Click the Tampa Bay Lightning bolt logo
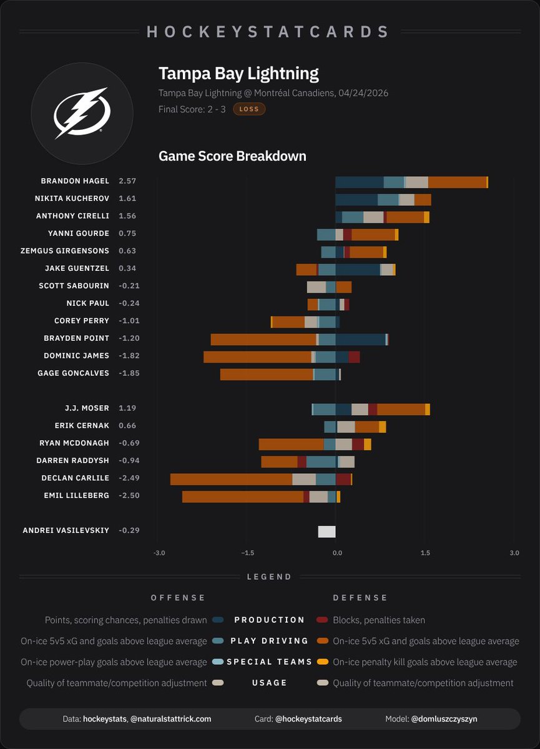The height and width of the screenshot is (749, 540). [x=82, y=113]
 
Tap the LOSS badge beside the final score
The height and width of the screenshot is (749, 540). [x=249, y=109]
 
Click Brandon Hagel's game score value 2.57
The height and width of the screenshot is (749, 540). [x=127, y=181]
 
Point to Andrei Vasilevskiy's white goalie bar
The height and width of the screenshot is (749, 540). [x=326, y=532]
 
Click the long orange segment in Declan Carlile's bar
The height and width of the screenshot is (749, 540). [x=231, y=479]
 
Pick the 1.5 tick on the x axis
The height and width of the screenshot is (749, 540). [x=425, y=553]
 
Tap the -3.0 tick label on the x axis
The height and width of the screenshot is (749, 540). [x=159, y=553]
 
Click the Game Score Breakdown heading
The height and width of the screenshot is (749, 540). [x=232, y=156]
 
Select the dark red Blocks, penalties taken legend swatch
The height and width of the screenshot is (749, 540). [x=322, y=620]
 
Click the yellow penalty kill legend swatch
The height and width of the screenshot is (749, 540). [x=322, y=662]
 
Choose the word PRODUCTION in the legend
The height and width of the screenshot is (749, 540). [x=270, y=620]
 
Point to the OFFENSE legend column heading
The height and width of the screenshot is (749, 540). [x=178, y=597]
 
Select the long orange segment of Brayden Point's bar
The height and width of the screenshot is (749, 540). [x=263, y=340]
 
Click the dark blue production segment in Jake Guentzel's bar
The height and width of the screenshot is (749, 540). [x=358, y=270]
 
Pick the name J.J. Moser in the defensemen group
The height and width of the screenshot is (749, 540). [x=87, y=408]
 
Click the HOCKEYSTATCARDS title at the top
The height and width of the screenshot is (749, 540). [x=268, y=32]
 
